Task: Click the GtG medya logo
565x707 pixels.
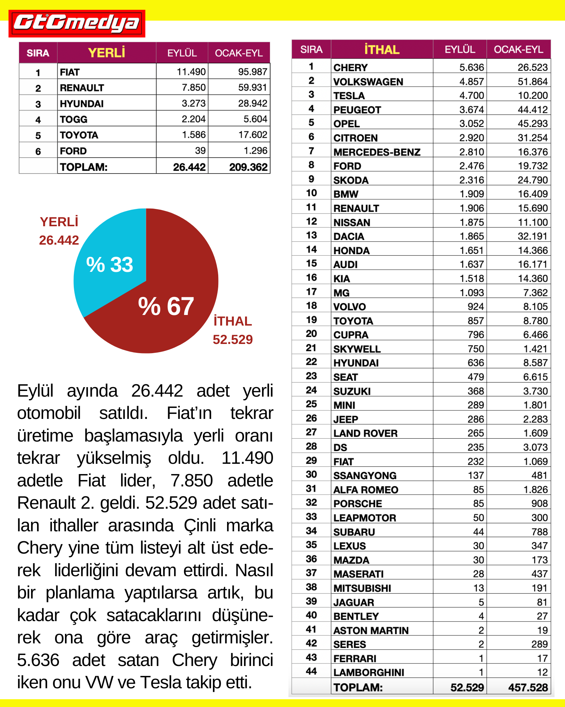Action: (x=77, y=23)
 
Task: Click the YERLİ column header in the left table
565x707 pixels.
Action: (x=106, y=53)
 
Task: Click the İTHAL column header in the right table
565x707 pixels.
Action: (x=382, y=49)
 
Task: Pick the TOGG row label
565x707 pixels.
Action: (x=73, y=119)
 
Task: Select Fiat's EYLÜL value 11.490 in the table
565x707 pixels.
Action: (x=191, y=72)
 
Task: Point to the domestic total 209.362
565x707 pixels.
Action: (x=248, y=167)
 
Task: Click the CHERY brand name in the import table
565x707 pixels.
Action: (x=350, y=68)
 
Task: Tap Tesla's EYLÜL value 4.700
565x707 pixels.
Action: (x=471, y=95)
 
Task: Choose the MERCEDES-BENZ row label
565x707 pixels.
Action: (x=377, y=152)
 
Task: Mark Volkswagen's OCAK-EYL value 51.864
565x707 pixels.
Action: (x=533, y=82)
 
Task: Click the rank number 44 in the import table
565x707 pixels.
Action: (x=311, y=671)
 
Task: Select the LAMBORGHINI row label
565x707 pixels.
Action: (x=369, y=672)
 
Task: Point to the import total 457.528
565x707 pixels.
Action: (x=528, y=688)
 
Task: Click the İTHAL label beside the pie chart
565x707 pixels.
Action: (x=233, y=321)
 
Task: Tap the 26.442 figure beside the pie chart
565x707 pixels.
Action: (x=59, y=240)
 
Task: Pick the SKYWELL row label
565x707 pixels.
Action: (x=357, y=349)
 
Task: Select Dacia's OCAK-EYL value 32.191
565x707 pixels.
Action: (x=533, y=236)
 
